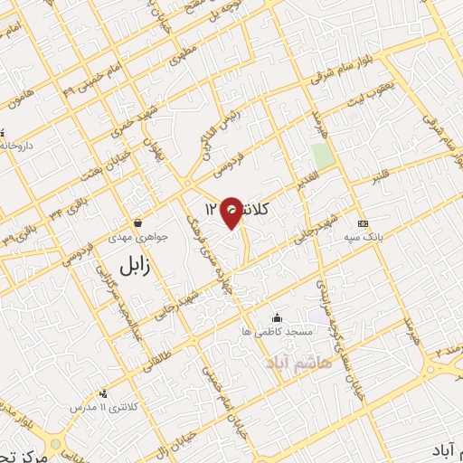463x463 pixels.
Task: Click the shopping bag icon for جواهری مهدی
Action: pyautogui.click(x=137, y=222)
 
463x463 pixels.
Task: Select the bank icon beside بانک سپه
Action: pyautogui.click(x=363, y=223)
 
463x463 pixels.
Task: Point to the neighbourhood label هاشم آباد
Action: pyautogui.click(x=300, y=361)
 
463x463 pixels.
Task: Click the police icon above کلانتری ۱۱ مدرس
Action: pyautogui.click(x=104, y=393)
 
